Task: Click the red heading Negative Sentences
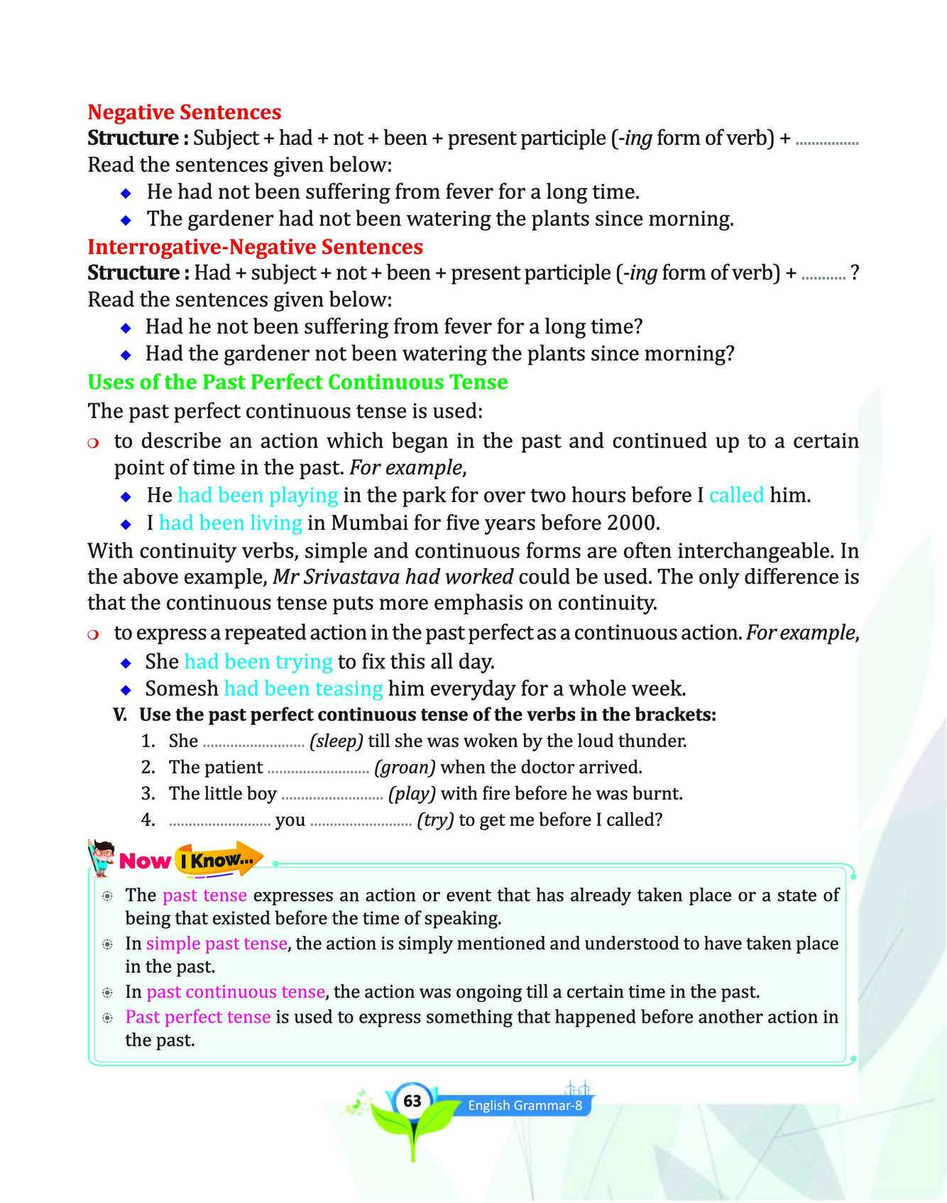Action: point(184,112)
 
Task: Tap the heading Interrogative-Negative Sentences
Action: point(255,247)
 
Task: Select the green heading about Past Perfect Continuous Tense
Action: point(297,382)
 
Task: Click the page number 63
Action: point(412,1101)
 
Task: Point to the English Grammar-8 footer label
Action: point(525,1106)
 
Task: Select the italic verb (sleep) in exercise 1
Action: point(336,741)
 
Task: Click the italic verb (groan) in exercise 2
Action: point(405,768)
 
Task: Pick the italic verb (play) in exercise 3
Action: point(412,794)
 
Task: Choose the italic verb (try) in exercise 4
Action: point(435,820)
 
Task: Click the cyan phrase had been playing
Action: point(258,495)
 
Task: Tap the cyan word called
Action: point(736,495)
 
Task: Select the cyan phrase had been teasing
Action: point(303,689)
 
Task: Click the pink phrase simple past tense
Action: point(217,944)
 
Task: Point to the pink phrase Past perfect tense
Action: point(197,1017)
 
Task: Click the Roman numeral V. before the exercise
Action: point(121,715)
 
